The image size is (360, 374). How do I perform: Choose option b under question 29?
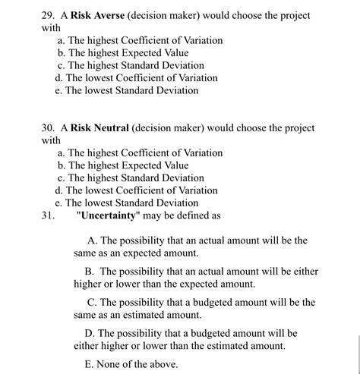[x=122, y=53]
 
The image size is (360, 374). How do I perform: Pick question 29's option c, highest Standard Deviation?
[x=130, y=65]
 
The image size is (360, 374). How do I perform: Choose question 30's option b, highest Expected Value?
[x=122, y=165]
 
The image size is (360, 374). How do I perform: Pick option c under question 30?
[x=130, y=178]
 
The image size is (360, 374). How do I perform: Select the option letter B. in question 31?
[x=89, y=272]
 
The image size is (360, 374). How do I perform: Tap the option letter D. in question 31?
[x=89, y=333]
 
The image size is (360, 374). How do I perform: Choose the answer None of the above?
[x=137, y=364]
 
